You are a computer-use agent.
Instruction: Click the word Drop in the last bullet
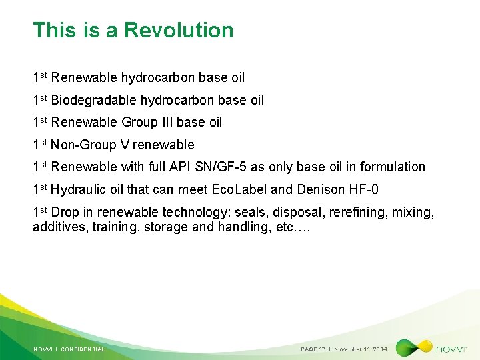pyautogui.click(x=65, y=212)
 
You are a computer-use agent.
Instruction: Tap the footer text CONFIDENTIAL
pyautogui.click(x=83, y=349)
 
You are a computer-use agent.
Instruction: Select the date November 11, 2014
pyautogui.click(x=361, y=349)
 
